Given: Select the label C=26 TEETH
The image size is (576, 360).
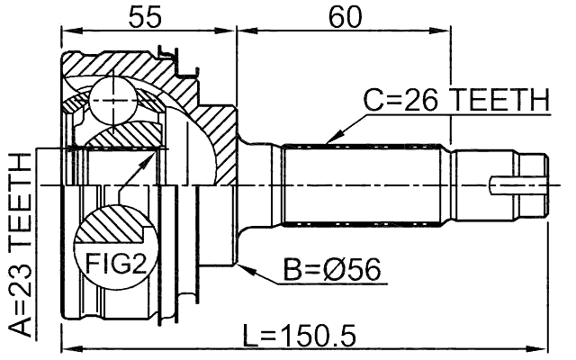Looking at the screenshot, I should (x=455, y=100).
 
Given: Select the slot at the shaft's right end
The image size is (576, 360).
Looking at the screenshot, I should (x=519, y=187).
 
